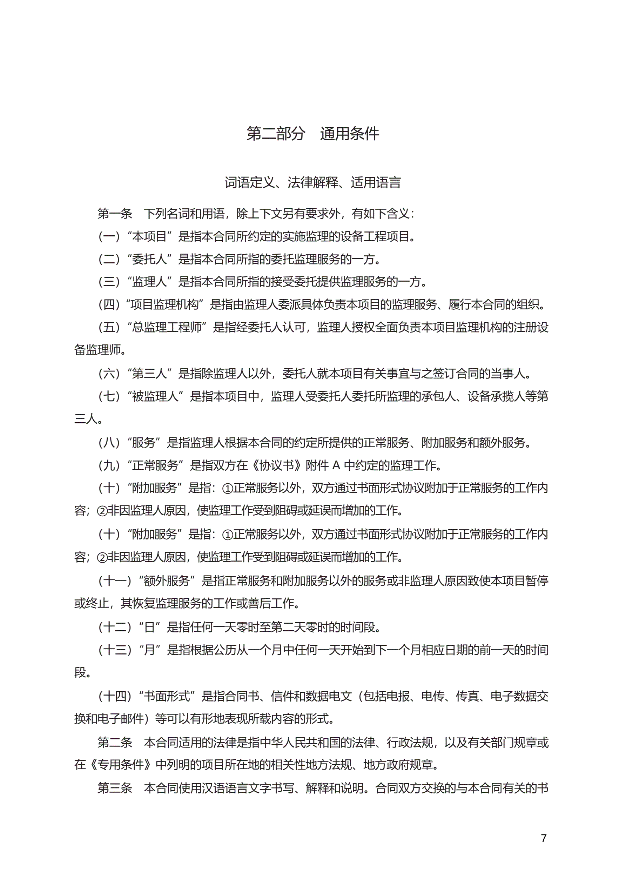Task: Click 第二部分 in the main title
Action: tap(276, 134)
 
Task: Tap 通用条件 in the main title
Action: tap(349, 134)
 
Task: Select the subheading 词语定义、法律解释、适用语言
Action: tap(312, 182)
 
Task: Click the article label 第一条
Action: tap(115, 213)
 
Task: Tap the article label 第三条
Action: tap(115, 788)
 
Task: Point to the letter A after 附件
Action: tap(336, 465)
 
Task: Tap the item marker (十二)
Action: tap(115, 627)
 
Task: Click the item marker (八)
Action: tap(109, 442)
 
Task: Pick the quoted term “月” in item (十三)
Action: tap(149, 650)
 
